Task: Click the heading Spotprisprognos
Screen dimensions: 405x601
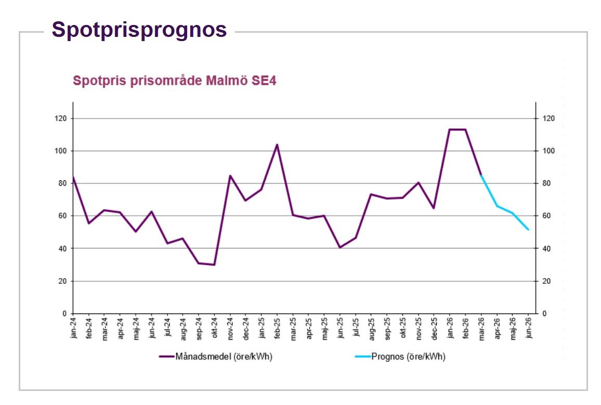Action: coord(139,30)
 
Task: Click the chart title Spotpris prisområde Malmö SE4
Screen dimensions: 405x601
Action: coord(174,81)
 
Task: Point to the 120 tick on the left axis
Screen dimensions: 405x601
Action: coord(62,119)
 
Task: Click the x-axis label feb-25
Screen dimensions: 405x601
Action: coord(277,328)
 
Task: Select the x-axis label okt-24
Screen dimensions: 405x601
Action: coord(214,328)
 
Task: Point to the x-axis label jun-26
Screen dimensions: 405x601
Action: coord(529,328)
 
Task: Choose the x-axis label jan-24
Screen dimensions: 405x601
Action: coord(74,328)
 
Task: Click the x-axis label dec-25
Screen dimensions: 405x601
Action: coord(434,328)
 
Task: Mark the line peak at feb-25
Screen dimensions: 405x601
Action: coord(277,145)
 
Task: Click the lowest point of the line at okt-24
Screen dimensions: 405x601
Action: coord(214,265)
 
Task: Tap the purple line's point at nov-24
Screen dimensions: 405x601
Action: coord(230,176)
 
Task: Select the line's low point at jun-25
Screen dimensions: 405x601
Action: coord(340,247)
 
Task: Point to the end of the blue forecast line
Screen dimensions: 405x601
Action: coord(529,229)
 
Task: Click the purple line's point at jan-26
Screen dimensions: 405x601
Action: coord(450,129)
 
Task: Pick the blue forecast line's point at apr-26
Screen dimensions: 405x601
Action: coord(497,206)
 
